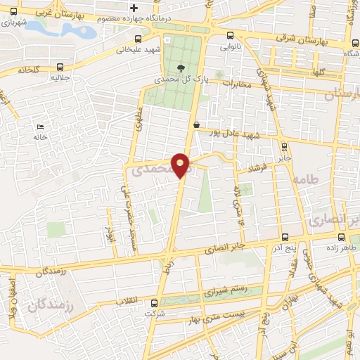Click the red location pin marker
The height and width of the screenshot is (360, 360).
(x=181, y=165)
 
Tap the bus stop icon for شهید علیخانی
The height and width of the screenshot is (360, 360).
(x=138, y=39)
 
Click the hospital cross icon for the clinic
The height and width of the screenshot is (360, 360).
(x=132, y=8)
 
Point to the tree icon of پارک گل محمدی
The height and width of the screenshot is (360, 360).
(x=181, y=68)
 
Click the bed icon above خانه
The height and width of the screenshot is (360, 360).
(x=39, y=127)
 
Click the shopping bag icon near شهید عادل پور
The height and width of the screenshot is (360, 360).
(x=197, y=125)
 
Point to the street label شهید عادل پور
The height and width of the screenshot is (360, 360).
(x=223, y=132)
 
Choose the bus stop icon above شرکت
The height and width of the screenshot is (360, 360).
(x=154, y=304)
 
